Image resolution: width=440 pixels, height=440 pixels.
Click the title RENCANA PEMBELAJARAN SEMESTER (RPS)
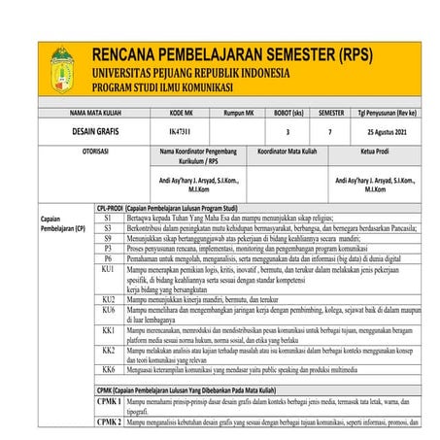239,54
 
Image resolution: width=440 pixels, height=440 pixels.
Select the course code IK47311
180,129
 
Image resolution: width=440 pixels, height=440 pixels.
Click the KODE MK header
180,114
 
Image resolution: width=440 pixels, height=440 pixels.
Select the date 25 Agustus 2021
388,129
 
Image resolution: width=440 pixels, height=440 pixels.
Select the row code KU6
109,310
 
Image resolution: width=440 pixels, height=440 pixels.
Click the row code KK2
109,350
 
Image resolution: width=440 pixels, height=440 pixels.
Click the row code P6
109,258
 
